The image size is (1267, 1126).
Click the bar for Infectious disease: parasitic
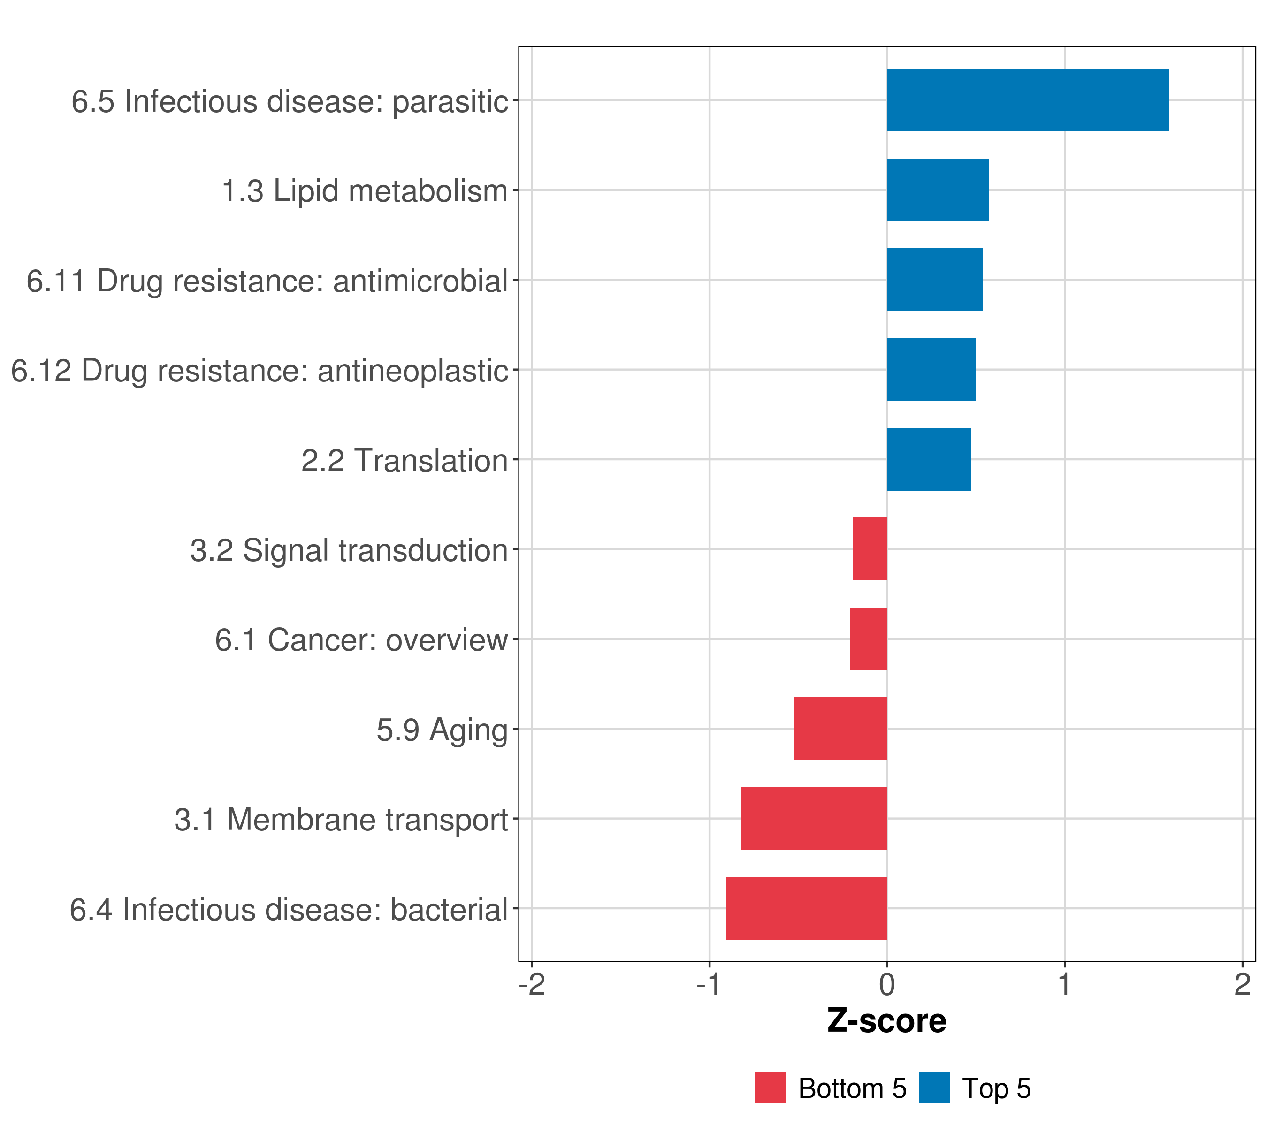pos(1028,100)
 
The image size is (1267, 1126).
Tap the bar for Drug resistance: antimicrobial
pos(934,280)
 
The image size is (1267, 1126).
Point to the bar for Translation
pos(929,459)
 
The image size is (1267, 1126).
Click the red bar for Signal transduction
pos(870,549)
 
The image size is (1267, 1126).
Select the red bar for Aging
pos(840,729)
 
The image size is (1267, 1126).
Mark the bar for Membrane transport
pos(813,819)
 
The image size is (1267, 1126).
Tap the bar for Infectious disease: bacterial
pos(807,908)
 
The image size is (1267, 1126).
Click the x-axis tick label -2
pos(532,984)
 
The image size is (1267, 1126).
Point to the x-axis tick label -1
pos(709,984)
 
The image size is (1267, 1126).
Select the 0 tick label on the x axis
pos(887,984)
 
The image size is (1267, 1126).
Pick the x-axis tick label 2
pos(1242,984)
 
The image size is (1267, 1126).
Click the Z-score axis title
pos(887,1021)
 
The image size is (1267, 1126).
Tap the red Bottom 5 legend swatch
pos(770,1088)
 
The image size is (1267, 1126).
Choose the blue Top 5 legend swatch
pos(934,1088)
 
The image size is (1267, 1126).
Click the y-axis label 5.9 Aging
pos(442,730)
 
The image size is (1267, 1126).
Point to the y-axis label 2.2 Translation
pos(404,460)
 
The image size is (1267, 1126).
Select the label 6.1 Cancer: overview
pos(361,640)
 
